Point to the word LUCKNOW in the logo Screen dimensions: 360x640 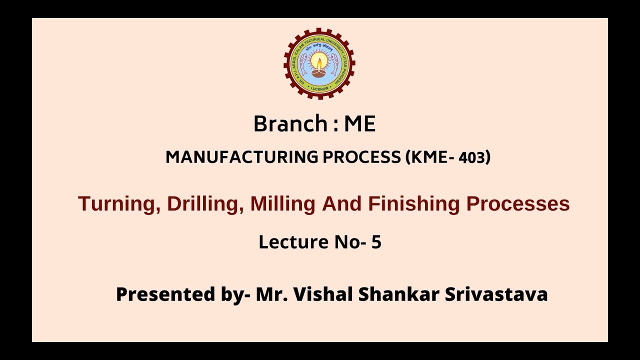[319, 88]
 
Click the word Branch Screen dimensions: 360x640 [289, 124]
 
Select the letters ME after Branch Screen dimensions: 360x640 [359, 124]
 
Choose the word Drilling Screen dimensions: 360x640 [205, 204]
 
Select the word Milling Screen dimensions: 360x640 [283, 204]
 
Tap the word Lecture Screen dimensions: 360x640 [293, 242]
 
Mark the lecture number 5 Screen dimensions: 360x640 [376, 242]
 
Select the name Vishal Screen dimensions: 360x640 [323, 294]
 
